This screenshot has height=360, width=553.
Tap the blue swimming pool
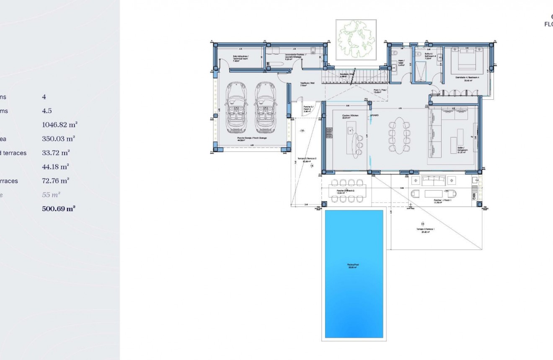click(x=354, y=274)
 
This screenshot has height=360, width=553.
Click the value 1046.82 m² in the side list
click(x=59, y=125)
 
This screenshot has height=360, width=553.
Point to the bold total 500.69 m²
click(x=59, y=209)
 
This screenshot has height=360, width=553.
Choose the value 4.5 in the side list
click(x=47, y=111)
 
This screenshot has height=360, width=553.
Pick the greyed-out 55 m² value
click(x=51, y=195)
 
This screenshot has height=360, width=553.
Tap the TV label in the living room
click(x=471, y=137)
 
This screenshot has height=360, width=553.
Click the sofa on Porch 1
click(x=434, y=181)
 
